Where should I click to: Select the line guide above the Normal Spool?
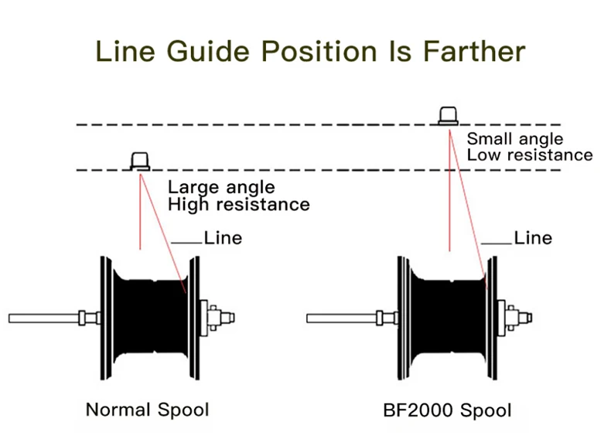140,161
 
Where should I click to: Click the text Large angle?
221,187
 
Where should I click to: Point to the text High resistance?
238,204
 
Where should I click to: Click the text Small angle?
515,139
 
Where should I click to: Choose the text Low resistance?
530,155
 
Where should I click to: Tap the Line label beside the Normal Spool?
223,238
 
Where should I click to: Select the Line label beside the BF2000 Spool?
533,238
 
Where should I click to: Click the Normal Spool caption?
147,409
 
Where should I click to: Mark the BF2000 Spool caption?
447,409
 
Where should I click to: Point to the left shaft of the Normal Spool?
43,318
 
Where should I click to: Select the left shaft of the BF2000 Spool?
340,318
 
